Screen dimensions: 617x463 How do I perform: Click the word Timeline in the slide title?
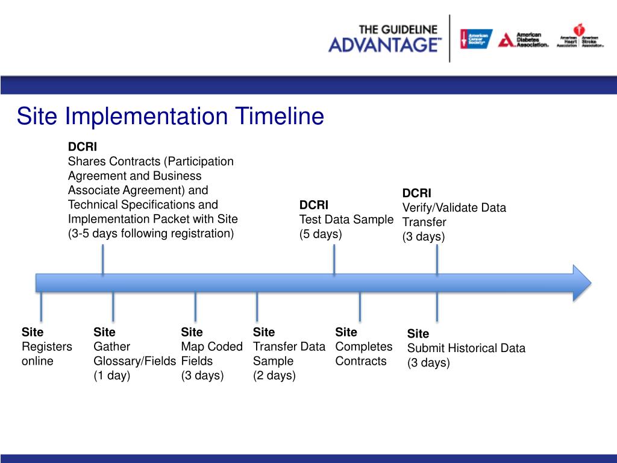coord(280,116)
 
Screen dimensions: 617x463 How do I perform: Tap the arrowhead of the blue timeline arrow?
coord(581,283)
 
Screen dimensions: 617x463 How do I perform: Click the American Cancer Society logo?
coord(476,39)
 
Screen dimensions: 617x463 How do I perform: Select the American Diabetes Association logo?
coord(523,40)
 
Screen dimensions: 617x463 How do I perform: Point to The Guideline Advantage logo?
coord(384,39)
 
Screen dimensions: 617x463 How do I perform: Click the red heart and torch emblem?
coord(579,30)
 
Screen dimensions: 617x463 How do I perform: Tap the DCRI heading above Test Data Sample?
coord(313,205)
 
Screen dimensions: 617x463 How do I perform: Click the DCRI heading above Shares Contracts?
coord(82,146)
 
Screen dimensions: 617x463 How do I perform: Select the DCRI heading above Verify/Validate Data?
coord(417,193)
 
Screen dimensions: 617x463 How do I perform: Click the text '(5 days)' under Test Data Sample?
coord(321,234)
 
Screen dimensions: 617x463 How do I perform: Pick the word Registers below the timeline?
coord(47,347)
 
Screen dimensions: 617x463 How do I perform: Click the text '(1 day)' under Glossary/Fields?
coord(111,375)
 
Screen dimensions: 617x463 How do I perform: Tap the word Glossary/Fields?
coord(134,361)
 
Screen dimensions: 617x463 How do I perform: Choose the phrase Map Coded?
coord(211,347)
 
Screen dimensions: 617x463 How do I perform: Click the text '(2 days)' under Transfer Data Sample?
coord(274,375)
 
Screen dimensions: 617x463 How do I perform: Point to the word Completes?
coord(363,347)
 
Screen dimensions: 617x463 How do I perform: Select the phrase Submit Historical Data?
coord(466,348)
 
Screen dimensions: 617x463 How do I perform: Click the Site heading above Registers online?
coord(33,332)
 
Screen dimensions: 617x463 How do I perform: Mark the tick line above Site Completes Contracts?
coord(360,307)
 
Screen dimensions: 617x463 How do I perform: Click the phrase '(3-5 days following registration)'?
coord(151,233)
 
